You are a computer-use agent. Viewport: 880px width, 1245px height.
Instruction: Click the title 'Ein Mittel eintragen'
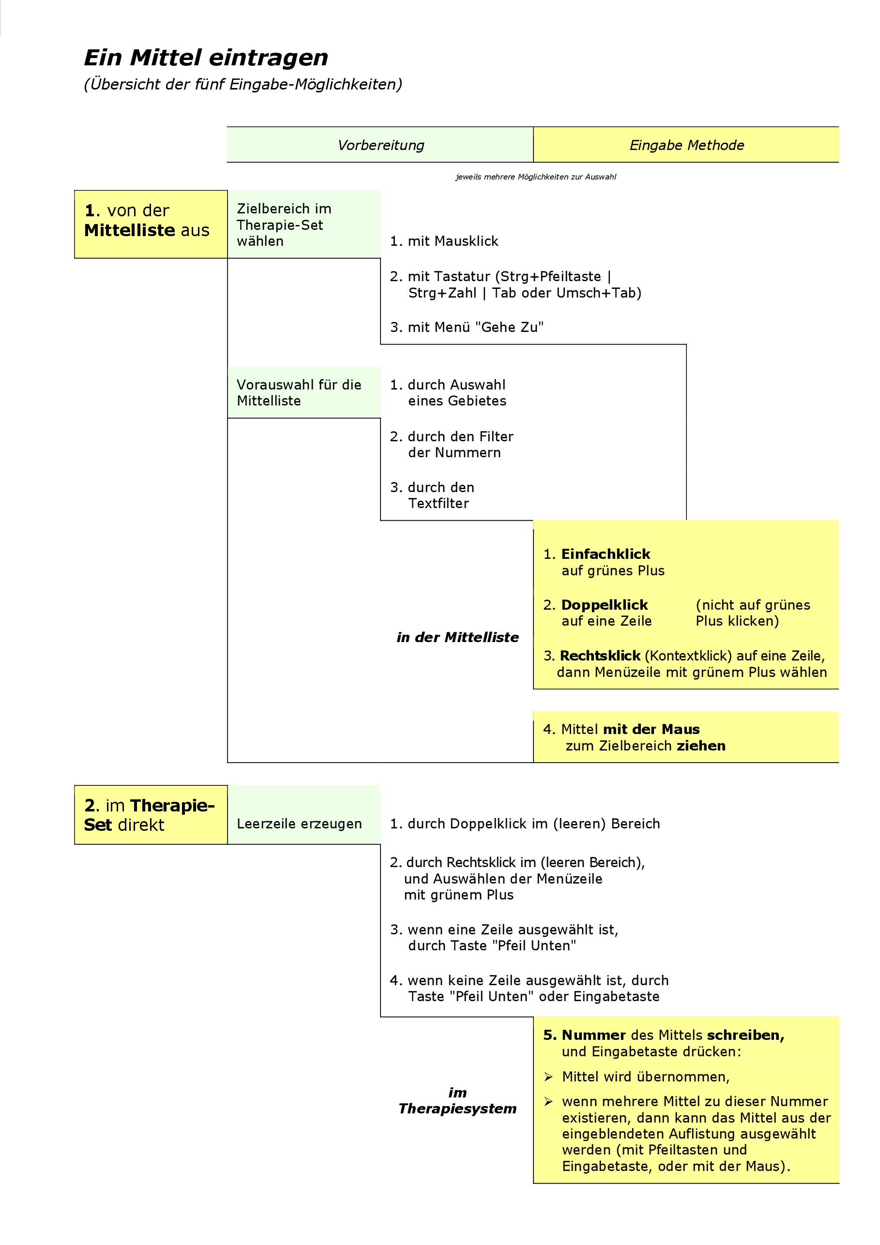pos(206,58)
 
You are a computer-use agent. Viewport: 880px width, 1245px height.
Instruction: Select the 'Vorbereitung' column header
pos(380,145)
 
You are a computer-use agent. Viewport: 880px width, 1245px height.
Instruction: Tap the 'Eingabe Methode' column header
pos(686,145)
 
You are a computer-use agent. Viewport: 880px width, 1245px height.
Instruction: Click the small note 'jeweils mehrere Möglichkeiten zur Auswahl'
pos(535,177)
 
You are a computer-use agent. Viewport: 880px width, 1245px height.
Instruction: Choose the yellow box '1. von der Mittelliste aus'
pos(150,224)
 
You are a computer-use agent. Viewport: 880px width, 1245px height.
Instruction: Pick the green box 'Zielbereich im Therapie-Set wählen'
pos(304,225)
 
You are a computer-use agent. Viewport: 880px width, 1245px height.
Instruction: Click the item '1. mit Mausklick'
pos(444,241)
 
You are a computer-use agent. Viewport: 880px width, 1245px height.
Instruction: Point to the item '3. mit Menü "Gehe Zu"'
pos(467,328)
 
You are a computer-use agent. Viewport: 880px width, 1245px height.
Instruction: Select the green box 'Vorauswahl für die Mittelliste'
pos(304,392)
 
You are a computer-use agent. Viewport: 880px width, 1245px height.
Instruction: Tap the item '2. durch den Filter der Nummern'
pos(452,445)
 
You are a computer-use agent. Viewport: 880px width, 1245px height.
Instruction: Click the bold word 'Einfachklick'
pos(606,554)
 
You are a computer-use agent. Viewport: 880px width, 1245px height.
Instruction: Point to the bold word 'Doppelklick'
pos(605,605)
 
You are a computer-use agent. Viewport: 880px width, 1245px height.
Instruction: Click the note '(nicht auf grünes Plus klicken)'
pos(753,613)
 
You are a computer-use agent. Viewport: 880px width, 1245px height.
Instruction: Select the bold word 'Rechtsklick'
pos(600,656)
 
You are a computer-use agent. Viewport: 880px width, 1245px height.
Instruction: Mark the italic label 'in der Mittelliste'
pos(457,638)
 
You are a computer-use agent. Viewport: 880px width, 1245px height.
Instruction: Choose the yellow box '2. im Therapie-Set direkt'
pos(150,815)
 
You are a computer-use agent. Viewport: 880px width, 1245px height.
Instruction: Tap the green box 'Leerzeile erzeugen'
pos(300,824)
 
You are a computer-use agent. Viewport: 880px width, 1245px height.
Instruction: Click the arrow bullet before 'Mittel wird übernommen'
pos(548,1077)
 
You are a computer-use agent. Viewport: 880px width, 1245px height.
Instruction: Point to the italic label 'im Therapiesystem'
pos(457,1101)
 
